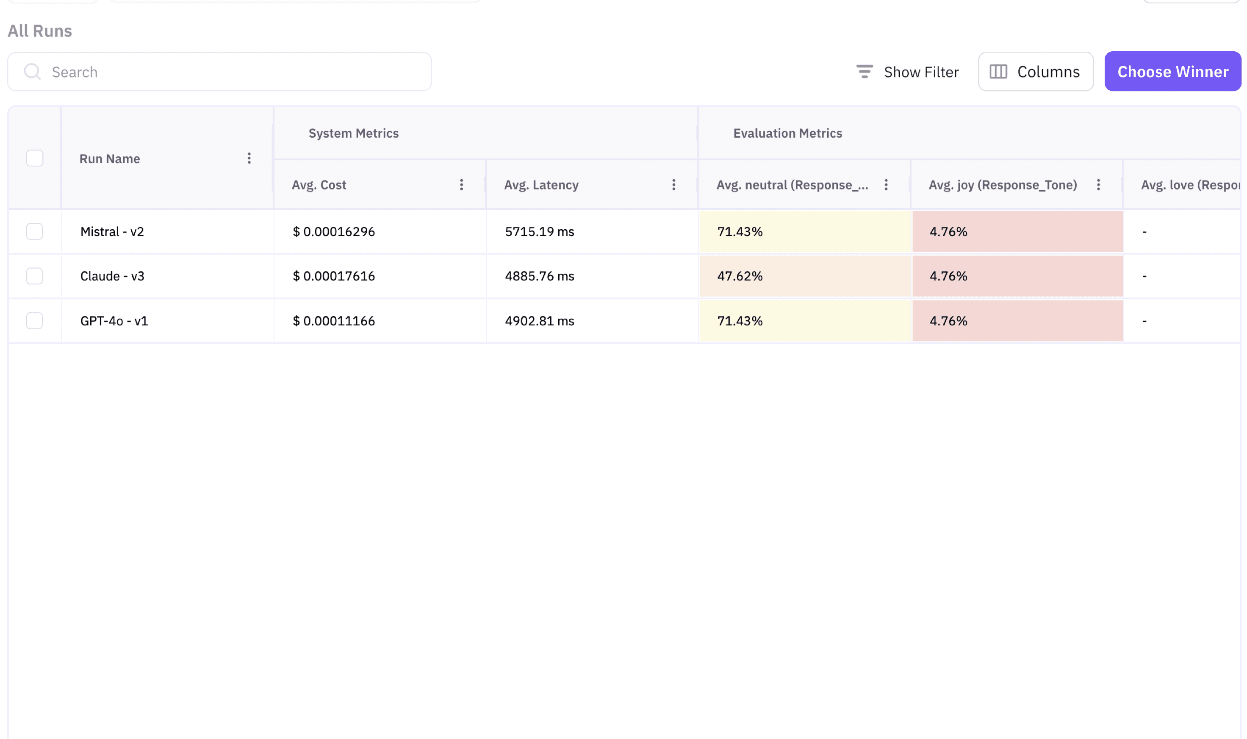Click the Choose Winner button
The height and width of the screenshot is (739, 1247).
coord(1172,72)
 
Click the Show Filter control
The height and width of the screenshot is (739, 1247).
coord(907,72)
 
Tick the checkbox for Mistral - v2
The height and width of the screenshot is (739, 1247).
coord(34,231)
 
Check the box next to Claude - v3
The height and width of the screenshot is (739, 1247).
coord(34,276)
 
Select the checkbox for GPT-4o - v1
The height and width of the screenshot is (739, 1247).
coord(34,321)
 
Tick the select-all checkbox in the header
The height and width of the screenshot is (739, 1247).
coord(34,158)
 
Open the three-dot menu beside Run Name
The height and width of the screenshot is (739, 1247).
coord(249,158)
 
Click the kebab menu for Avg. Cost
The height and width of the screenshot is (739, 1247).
coord(461,185)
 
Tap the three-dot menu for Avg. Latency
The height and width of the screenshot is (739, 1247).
coord(673,185)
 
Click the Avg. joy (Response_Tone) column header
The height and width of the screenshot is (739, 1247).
coord(1002,185)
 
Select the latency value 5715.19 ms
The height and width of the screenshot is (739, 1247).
coord(539,231)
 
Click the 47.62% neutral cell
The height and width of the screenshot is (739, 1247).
coord(740,276)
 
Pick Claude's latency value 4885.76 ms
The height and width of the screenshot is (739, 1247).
coord(539,276)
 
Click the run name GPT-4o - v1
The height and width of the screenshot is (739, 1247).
coord(114,321)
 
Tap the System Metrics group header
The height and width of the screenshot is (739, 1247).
coord(353,133)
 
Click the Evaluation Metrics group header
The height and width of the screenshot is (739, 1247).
coord(787,133)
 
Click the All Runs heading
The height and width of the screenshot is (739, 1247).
coord(40,31)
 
